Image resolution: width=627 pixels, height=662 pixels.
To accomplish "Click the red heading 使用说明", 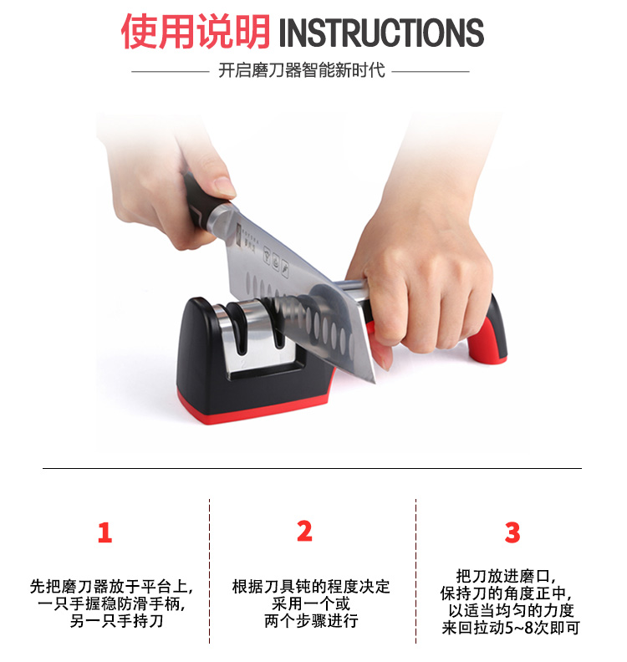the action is (x=196, y=32).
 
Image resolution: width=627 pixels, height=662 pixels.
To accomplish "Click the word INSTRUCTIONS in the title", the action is (x=381, y=33).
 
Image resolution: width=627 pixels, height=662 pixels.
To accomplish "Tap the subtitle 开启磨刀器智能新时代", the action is (x=302, y=70).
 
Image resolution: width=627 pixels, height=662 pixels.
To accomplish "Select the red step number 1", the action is (x=104, y=532).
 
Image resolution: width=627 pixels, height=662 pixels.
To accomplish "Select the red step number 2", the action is (x=304, y=531).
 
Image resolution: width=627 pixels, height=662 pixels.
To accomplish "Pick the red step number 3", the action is (x=512, y=532).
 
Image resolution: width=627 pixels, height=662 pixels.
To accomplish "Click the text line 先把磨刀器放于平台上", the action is (x=111, y=587).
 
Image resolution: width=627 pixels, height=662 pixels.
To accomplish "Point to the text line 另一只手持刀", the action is (x=116, y=621).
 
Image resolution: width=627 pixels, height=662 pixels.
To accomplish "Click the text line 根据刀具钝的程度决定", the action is (x=311, y=587).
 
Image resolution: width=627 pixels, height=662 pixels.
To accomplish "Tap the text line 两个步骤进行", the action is (x=311, y=621).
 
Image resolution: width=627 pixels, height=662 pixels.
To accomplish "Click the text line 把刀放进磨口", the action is (x=506, y=576).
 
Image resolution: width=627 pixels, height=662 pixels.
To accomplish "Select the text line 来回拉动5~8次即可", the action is (x=511, y=628).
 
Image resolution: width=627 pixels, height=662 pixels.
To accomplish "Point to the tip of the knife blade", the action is (x=375, y=383).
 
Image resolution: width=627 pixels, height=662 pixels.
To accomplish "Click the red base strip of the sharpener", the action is (x=253, y=408).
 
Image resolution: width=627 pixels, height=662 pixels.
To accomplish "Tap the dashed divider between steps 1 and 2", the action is (x=210, y=571).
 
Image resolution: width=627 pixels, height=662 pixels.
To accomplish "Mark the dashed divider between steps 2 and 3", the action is (x=415, y=571).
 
